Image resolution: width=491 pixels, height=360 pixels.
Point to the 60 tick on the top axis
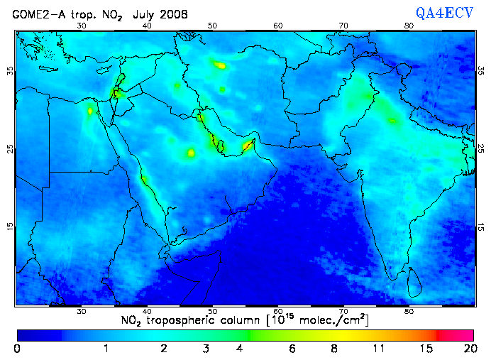pyautogui.click(x=278, y=26)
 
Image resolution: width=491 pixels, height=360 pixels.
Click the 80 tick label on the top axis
pyautogui.click(x=409, y=26)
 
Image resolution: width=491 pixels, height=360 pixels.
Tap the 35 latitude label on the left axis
pyautogui.click(x=10, y=71)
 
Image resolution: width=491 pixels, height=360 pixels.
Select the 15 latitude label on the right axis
pyautogui.click(x=481, y=227)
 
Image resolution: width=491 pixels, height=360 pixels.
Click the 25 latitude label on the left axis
pyautogui.click(x=10, y=149)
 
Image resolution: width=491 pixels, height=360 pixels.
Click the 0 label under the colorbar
pyautogui.click(x=17, y=348)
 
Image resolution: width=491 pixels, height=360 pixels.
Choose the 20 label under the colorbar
pyautogui.click(x=468, y=348)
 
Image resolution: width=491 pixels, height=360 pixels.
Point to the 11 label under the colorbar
pyautogui.click(x=380, y=348)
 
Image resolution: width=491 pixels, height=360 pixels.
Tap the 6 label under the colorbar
pyautogui.click(x=292, y=348)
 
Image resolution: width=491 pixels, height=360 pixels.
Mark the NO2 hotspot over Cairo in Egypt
pyautogui.click(x=90, y=110)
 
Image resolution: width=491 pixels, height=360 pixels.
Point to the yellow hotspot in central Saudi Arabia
pyautogui.click(x=190, y=153)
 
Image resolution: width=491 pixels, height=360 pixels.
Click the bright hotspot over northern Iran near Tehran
pyautogui.click(x=221, y=65)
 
